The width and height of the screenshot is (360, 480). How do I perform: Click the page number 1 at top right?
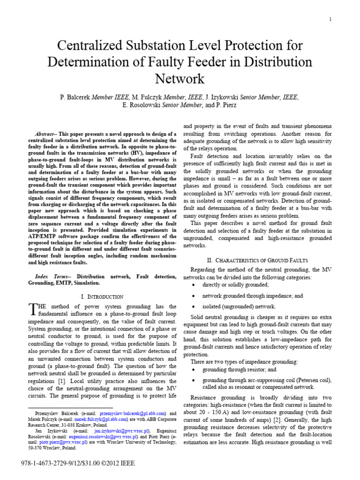pyautogui.click(x=330, y=19)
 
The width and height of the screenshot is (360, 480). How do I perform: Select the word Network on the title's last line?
pyautogui.click(x=180, y=78)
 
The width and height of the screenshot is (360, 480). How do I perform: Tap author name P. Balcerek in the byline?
pyautogui.click(x=75, y=97)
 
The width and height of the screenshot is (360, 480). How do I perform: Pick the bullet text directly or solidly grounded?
pyautogui.click(x=235, y=285)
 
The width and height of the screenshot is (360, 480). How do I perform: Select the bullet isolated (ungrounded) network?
pyautogui.click(x=239, y=307)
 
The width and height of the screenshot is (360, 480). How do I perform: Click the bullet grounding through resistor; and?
pyautogui.click(x=239, y=369)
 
